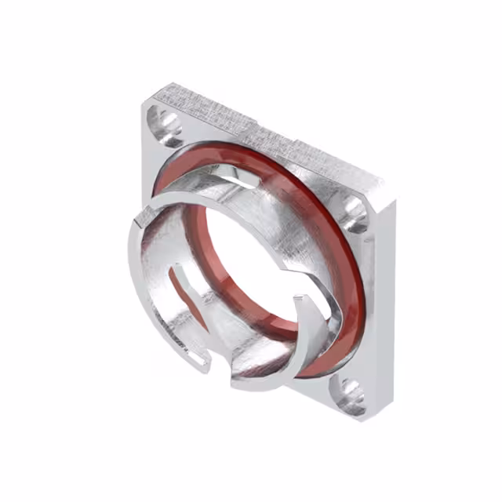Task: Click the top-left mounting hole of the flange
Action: coord(167,122)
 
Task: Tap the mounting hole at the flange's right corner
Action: coord(355,210)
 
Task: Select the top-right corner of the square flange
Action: coord(383,185)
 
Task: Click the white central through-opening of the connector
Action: coord(251,259)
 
